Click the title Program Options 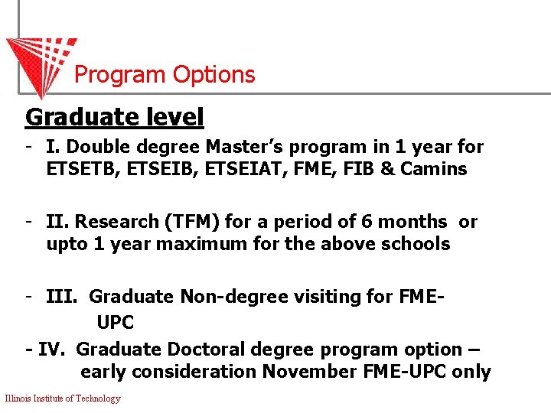pos(165,75)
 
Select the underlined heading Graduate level pos(115,118)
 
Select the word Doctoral pos(206,350)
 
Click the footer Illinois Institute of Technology pos(63,398)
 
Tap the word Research pos(116,222)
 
